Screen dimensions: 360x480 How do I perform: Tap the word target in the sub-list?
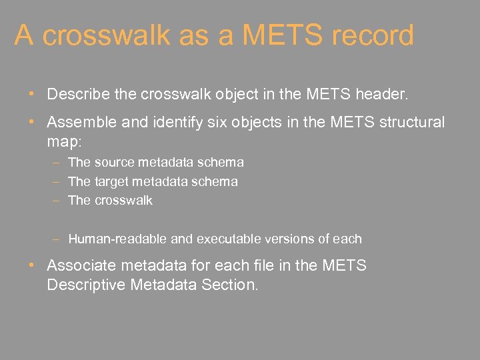coord(110,181)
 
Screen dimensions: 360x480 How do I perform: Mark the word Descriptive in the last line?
coord(89,285)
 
